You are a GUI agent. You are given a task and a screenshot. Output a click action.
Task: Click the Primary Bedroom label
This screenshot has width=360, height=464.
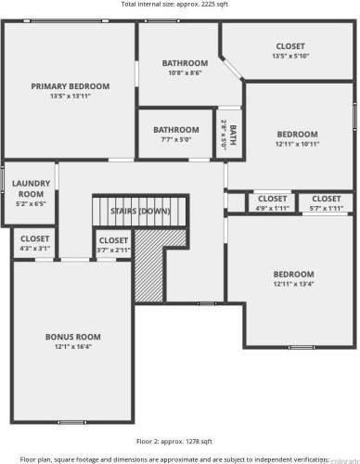[x=70, y=86]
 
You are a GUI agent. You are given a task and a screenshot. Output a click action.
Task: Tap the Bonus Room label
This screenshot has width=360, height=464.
[x=72, y=337]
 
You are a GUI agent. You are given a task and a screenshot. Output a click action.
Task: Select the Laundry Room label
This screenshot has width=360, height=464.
[x=31, y=189]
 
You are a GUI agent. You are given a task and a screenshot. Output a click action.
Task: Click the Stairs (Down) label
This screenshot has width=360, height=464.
[x=140, y=212]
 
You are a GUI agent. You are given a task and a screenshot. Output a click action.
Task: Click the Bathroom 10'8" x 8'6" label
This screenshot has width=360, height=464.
[x=185, y=64]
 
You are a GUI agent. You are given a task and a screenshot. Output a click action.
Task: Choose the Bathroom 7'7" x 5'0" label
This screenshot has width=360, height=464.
[x=176, y=130]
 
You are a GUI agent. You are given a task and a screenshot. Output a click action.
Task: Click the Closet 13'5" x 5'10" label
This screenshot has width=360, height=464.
[x=290, y=46]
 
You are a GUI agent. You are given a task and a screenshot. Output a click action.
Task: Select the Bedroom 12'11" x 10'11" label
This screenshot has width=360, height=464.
[x=296, y=135]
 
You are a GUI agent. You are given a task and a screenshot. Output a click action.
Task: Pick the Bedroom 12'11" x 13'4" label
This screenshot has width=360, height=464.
[x=293, y=275]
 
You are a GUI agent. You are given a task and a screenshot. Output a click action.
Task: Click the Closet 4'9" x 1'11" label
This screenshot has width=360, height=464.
[x=272, y=199]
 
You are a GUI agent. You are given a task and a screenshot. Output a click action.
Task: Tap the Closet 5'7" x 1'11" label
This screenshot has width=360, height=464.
[x=325, y=199]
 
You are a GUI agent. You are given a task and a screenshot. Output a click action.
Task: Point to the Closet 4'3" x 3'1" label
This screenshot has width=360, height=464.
[x=34, y=239]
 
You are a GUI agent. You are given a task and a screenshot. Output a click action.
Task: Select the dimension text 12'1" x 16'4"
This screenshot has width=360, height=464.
[x=72, y=347]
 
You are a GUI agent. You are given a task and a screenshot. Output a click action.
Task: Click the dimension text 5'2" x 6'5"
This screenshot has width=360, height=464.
[x=31, y=202]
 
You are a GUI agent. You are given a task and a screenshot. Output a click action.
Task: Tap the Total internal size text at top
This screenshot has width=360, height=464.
[x=174, y=5]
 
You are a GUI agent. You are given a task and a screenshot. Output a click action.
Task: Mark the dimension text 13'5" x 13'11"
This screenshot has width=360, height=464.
[x=70, y=97]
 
